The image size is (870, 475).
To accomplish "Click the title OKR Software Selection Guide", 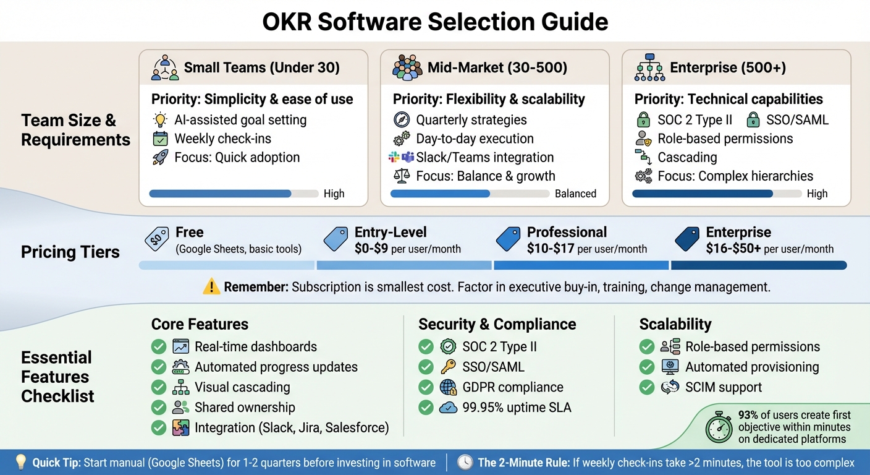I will [435, 22].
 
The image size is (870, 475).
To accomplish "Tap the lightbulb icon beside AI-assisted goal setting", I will [160, 120].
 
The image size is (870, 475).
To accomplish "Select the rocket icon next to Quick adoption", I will [160, 157].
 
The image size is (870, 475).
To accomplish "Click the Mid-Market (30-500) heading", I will [497, 67].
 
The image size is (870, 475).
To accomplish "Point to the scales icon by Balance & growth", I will [402, 176].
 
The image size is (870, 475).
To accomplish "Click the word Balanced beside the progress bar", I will [575, 194].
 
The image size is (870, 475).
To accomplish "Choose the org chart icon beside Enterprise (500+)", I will [649, 67].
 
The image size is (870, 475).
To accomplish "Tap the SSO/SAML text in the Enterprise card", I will [797, 119].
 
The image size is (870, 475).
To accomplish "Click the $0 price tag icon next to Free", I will [156, 239].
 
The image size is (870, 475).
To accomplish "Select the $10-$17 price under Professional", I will [551, 249].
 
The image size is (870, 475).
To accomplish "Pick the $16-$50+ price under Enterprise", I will [733, 249].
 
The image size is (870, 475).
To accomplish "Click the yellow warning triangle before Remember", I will [211, 287].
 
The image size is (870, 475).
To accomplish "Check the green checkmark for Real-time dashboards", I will [159, 347].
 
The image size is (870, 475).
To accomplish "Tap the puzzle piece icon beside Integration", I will [181, 427].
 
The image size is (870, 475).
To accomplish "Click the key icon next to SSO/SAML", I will [448, 367].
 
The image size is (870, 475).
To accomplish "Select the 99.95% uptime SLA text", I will [517, 407].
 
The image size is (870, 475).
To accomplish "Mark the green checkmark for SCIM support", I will [646, 387].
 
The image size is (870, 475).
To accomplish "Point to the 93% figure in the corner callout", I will [748, 415].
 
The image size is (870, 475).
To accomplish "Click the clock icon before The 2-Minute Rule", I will [465, 463].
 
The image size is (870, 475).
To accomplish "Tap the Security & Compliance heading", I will [497, 324].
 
